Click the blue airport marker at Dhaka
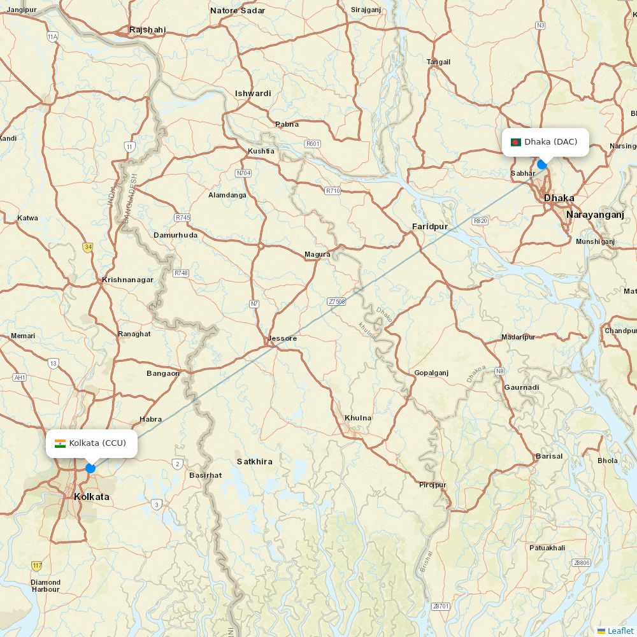542,164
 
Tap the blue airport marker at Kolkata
90,468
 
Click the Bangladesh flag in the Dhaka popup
516,142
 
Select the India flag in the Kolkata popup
61,443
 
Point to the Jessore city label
283,338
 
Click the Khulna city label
358,418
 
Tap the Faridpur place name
430,227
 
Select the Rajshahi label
147,30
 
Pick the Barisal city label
549,456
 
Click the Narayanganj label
595,215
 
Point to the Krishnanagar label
127,280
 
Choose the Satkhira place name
255,461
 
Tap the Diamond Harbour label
46,585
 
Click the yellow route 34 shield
87,247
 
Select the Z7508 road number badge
336,301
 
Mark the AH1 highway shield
20,377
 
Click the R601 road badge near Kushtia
312,144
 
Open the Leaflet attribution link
620,631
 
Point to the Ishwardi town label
253,94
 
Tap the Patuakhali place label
547,548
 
